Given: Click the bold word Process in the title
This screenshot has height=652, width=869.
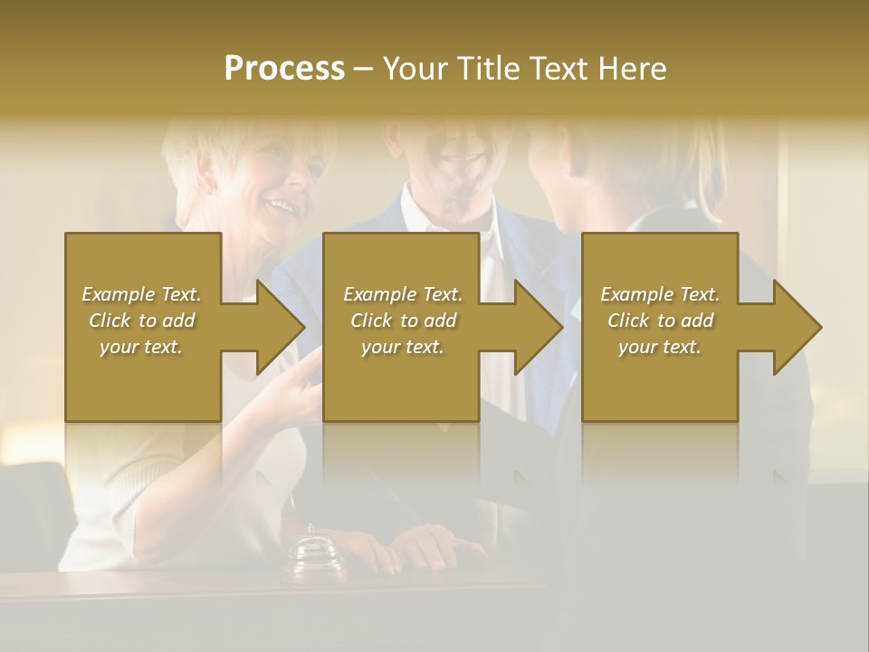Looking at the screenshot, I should (284, 69).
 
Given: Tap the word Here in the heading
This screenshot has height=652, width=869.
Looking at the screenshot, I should (633, 69).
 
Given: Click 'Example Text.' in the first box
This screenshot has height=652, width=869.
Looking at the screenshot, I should (141, 294).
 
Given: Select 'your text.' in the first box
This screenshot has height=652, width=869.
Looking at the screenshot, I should (141, 347).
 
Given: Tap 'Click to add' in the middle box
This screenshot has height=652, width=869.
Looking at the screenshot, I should (403, 321).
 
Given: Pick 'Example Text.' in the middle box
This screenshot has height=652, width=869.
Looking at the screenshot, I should (403, 294).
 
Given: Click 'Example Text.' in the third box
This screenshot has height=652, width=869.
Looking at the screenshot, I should (660, 294).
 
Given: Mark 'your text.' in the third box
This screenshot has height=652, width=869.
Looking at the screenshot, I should (660, 347).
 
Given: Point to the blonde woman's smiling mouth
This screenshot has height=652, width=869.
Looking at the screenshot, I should (283, 207).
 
